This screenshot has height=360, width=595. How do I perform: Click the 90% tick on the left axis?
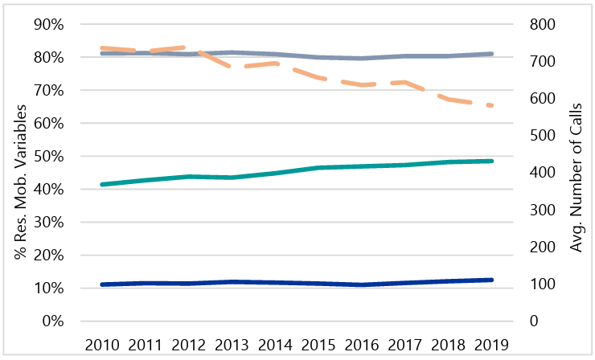(46, 24)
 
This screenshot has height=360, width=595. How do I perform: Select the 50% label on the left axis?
(46, 156)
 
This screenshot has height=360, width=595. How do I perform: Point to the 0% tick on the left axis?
(50, 321)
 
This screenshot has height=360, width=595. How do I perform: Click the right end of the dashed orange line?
(491, 105)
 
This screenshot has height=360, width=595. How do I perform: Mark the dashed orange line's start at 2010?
(101, 48)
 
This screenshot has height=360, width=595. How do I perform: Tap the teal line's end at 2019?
(491, 161)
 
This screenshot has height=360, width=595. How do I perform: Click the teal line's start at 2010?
(101, 184)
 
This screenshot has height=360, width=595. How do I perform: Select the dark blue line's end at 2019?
(491, 280)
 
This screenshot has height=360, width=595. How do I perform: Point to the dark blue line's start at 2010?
(101, 284)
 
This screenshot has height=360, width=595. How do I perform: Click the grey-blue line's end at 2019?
(491, 54)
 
